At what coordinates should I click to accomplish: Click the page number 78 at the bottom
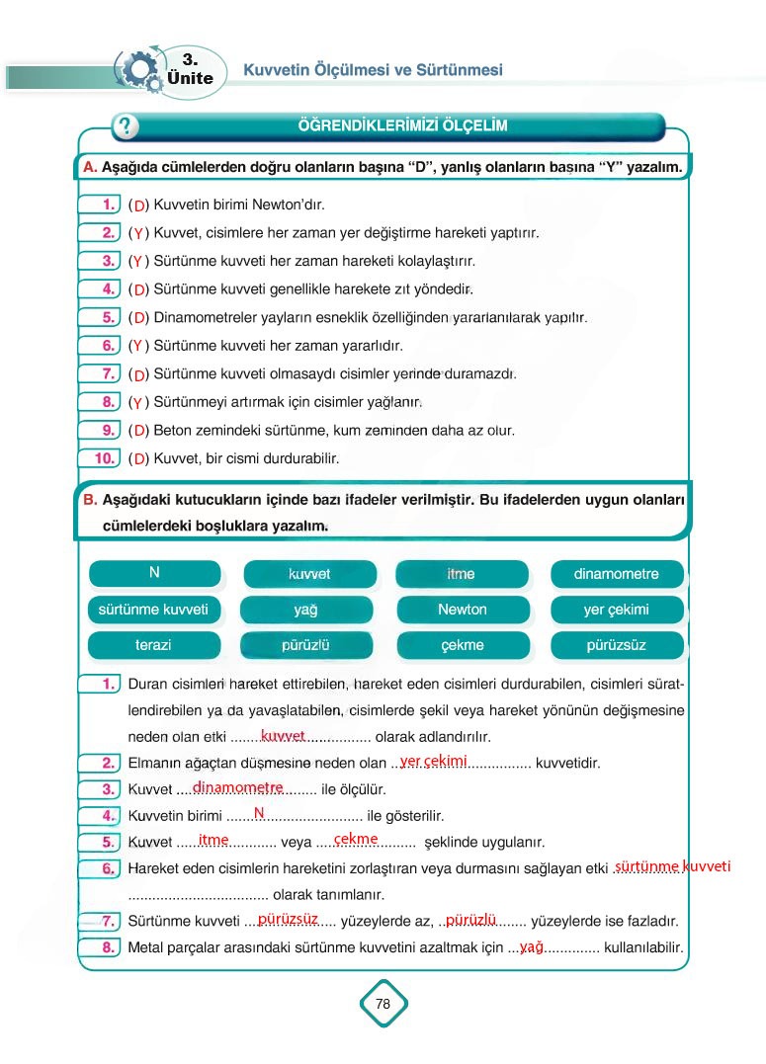pos(383,1004)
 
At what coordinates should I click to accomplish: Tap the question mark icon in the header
pos(126,126)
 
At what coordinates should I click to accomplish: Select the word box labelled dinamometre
pos(616,574)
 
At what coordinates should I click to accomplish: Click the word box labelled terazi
pos(153,645)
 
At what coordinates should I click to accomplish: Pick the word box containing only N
pos(154,573)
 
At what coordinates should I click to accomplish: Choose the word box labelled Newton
pos(462,610)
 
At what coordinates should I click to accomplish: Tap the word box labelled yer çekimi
pos(616,610)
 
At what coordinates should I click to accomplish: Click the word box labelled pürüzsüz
pos(616,645)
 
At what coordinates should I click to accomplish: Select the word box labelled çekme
pos(462,645)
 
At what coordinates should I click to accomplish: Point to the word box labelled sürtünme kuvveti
pos(153,610)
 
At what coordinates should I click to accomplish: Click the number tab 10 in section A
pos(100,458)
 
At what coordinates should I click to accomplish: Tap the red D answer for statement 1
pos(139,205)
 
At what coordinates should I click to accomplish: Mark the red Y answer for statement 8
pos(138,403)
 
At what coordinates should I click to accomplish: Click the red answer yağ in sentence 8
pos(532,946)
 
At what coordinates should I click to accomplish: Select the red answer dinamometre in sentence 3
pos(237,787)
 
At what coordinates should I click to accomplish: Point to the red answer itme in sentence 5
pos(213,840)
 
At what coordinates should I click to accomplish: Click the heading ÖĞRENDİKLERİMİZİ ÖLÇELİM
pos(402,126)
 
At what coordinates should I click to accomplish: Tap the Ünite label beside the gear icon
pos(191,78)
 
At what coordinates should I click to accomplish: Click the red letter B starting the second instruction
pos(89,501)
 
